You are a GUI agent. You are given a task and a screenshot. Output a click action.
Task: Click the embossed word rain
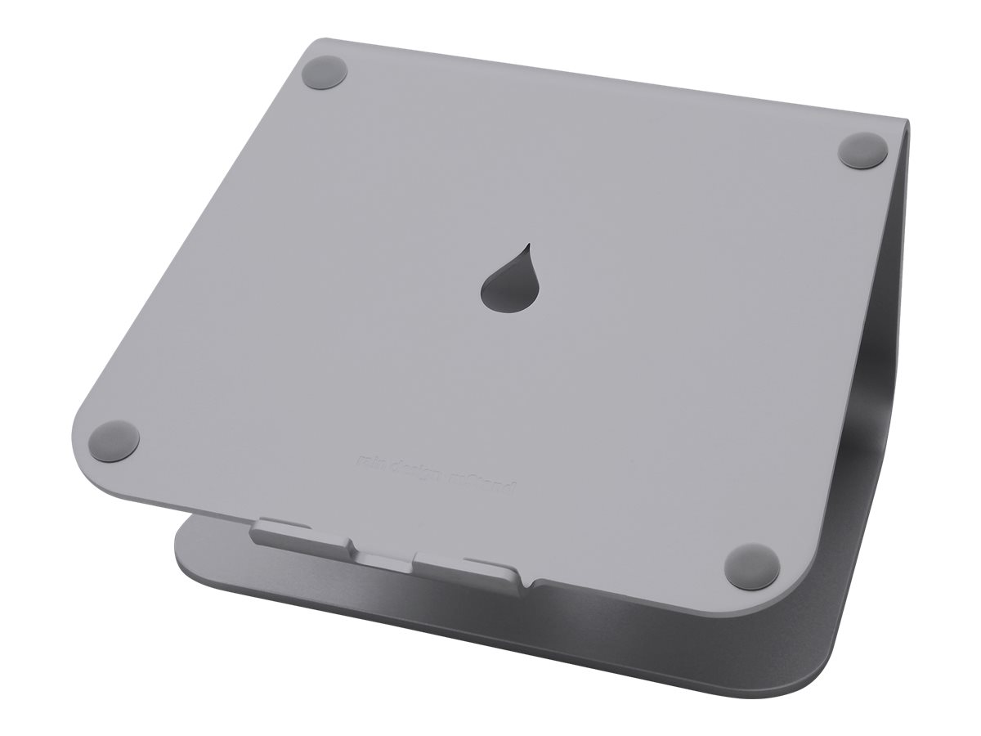[x=372, y=461]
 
